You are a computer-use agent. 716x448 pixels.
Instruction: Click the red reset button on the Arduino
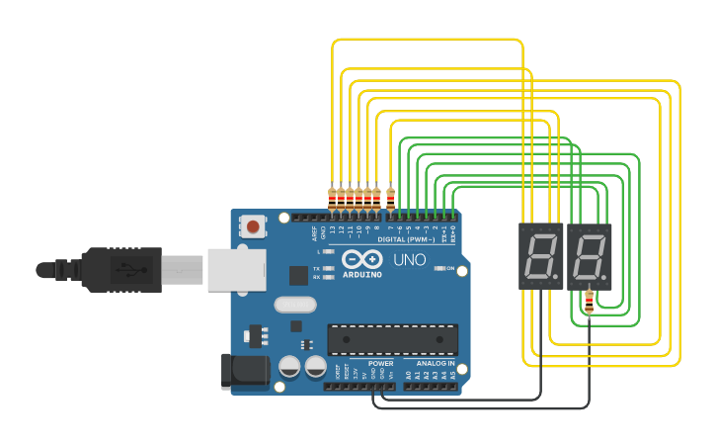click(254, 226)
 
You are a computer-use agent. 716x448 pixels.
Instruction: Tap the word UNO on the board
click(410, 260)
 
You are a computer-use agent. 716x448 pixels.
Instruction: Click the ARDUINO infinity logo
click(360, 260)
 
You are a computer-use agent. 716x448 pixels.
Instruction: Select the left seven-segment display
click(540, 256)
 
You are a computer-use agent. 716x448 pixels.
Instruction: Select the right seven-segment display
click(590, 256)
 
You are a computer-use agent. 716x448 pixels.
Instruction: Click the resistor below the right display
click(590, 301)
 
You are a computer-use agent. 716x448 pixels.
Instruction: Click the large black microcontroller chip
click(392, 339)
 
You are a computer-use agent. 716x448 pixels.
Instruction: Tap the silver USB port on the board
click(237, 269)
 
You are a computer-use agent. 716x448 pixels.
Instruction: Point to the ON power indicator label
click(450, 268)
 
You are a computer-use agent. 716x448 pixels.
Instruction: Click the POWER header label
click(381, 363)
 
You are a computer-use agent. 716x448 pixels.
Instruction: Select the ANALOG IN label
click(436, 363)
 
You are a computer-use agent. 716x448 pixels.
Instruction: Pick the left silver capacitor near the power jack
click(289, 367)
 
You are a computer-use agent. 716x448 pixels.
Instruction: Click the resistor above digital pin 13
click(331, 196)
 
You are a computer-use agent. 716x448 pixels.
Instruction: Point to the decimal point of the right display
click(607, 276)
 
